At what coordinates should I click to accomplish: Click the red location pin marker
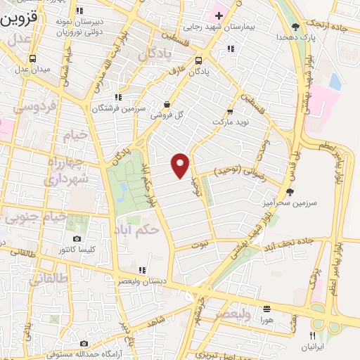click(181, 165)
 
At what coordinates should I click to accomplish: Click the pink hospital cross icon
click(218, 15)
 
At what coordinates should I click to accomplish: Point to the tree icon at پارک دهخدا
click(295, 27)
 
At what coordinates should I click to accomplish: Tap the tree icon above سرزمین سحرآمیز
click(290, 191)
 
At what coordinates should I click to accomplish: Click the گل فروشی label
click(169, 114)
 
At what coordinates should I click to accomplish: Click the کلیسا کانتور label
click(77, 250)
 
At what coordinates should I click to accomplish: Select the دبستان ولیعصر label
click(142, 281)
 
